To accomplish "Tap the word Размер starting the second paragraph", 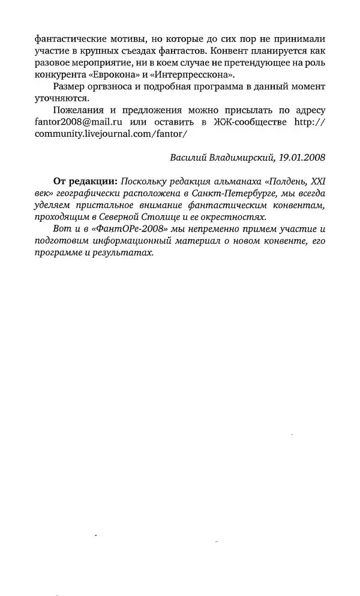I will tap(69, 87).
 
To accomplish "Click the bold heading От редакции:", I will tap(85, 181).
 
